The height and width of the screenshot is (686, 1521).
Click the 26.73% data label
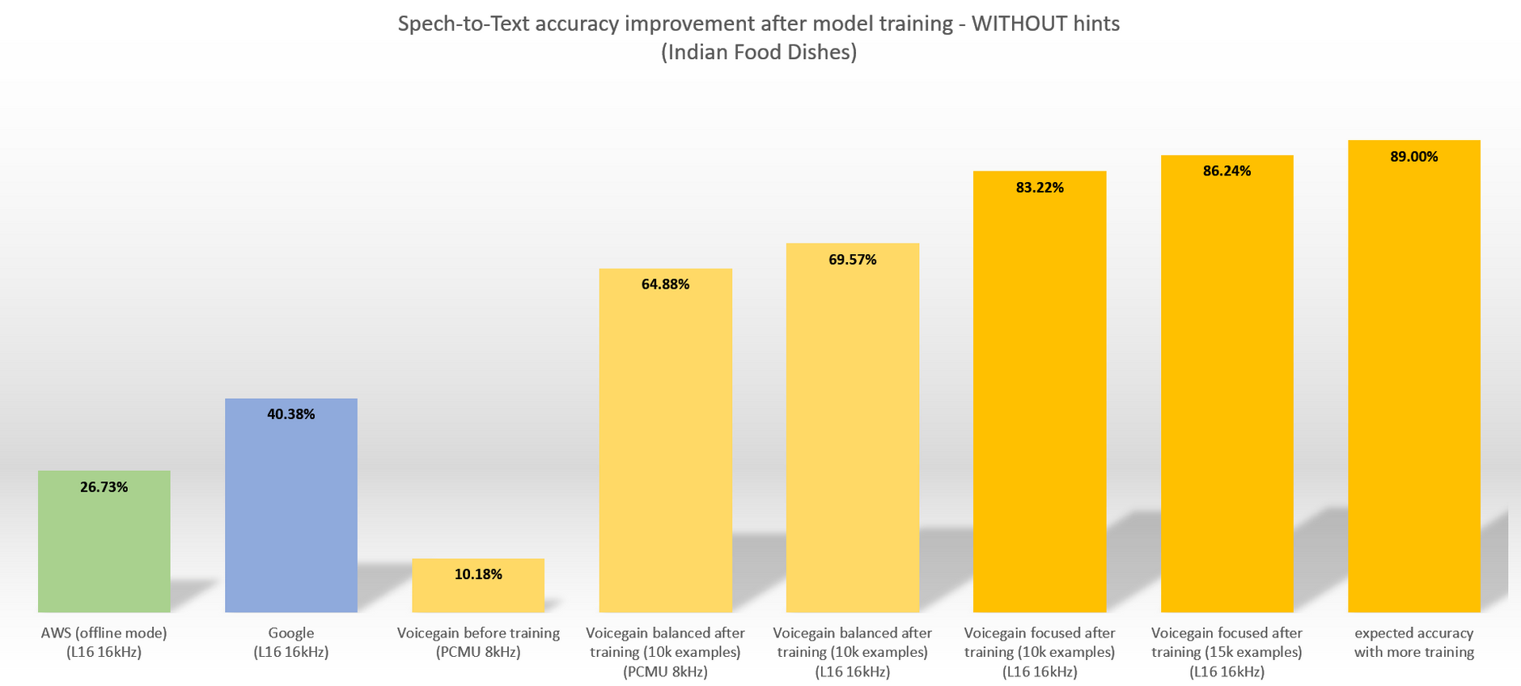tap(104, 487)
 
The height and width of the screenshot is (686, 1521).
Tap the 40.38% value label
tap(290, 414)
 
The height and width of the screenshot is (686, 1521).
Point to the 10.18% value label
tap(478, 574)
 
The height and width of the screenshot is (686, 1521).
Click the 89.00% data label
tap(1413, 157)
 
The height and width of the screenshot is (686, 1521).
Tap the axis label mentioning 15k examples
tap(1227, 652)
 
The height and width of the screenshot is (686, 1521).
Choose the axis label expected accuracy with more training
tap(1413, 642)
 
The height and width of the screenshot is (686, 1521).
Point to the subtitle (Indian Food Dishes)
tap(759, 53)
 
